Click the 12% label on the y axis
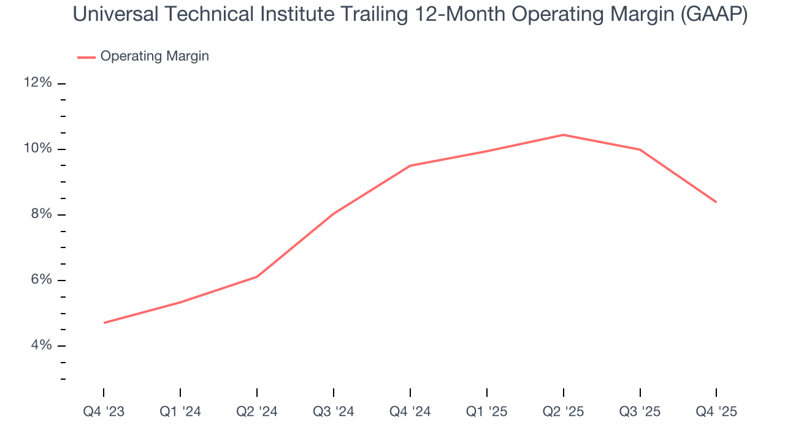(x=37, y=83)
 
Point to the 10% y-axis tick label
(x=37, y=149)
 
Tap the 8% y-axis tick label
(x=40, y=214)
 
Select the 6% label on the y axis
(x=40, y=280)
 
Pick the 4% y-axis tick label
(x=40, y=345)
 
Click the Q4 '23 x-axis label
(x=104, y=412)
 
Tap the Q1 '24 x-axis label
(x=180, y=412)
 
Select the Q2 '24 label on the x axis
(x=257, y=412)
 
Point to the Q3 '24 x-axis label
(x=334, y=412)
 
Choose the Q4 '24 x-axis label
(x=410, y=412)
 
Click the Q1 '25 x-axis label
(x=486, y=412)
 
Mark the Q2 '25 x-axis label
(x=563, y=412)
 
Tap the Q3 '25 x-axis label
(x=640, y=412)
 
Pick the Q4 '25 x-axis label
(x=716, y=412)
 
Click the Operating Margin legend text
(x=155, y=56)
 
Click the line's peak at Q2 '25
(x=563, y=135)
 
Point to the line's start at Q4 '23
(x=104, y=323)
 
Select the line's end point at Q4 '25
(x=716, y=202)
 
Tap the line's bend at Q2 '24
(x=257, y=277)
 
